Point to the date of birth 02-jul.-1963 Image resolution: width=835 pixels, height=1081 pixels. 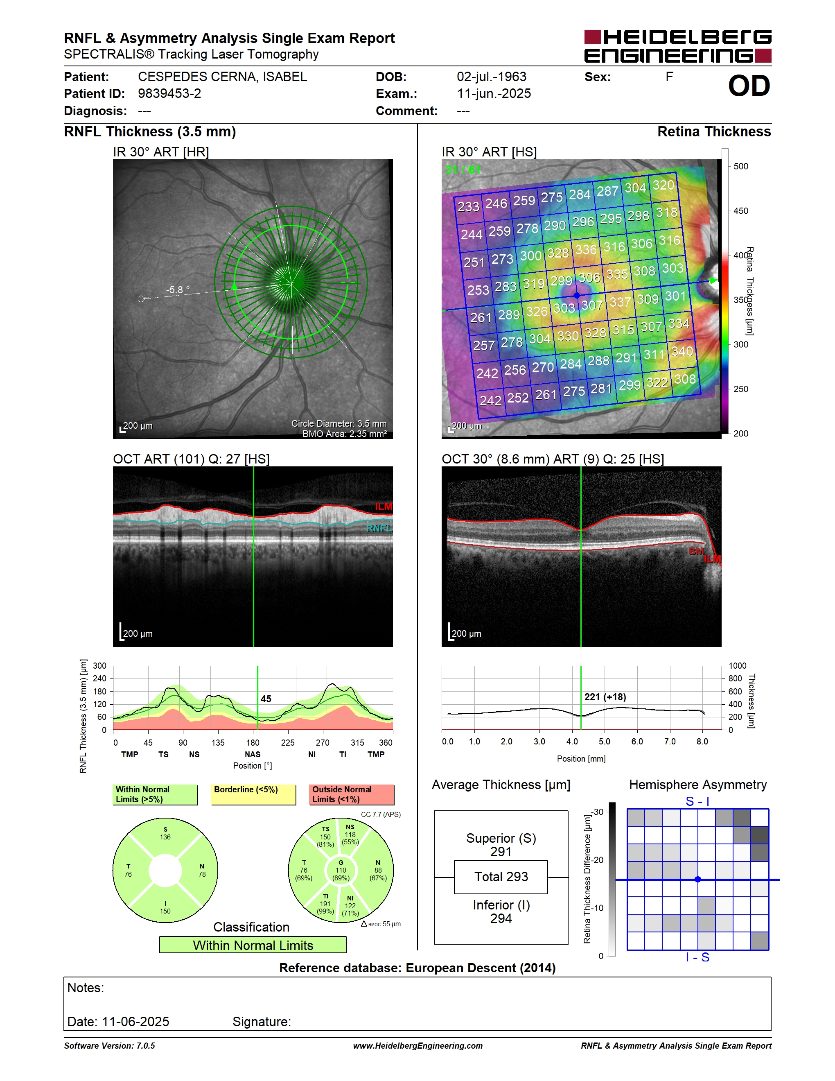491,77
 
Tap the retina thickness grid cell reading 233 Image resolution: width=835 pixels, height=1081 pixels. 468,206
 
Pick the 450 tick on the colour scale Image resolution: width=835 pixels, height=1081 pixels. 740,211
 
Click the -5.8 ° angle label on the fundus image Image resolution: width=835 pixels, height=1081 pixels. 178,289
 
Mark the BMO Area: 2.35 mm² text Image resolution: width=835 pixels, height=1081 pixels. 345,434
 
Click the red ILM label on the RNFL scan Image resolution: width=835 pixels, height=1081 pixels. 384,507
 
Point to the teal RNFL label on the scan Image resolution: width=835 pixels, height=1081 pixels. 379,528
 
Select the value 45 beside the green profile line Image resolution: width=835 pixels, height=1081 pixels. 266,699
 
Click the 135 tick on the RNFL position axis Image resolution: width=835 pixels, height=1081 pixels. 218,742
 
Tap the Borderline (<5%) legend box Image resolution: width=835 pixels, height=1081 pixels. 253,794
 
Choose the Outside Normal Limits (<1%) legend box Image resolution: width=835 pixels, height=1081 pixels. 352,794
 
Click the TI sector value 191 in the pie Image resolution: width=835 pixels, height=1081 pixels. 325,903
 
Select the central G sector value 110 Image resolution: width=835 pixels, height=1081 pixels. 341,870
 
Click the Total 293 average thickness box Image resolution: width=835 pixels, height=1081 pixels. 501,877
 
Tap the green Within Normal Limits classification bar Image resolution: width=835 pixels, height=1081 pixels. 253,945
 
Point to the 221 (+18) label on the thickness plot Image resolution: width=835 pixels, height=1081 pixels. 605,697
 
